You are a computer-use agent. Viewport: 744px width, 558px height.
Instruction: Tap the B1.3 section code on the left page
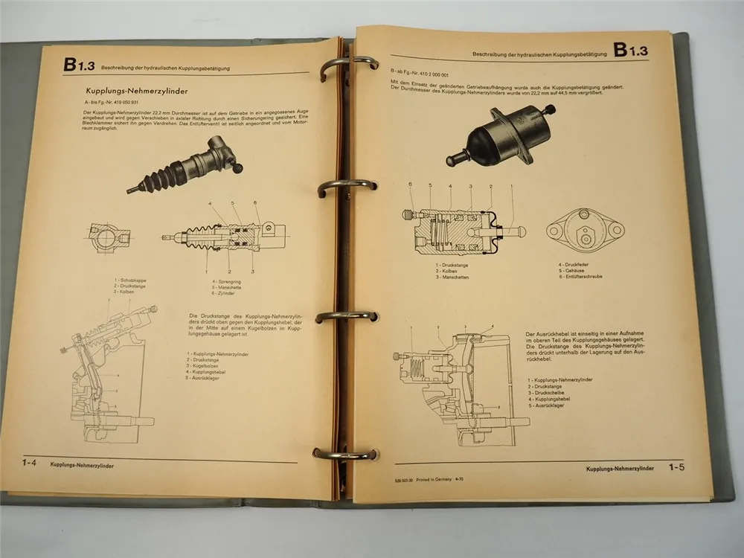click(78, 65)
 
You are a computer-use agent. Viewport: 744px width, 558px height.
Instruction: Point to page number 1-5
click(676, 467)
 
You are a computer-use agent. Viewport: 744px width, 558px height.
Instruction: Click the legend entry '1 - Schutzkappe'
click(131, 280)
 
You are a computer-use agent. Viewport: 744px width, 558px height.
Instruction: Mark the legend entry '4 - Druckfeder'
click(574, 264)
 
